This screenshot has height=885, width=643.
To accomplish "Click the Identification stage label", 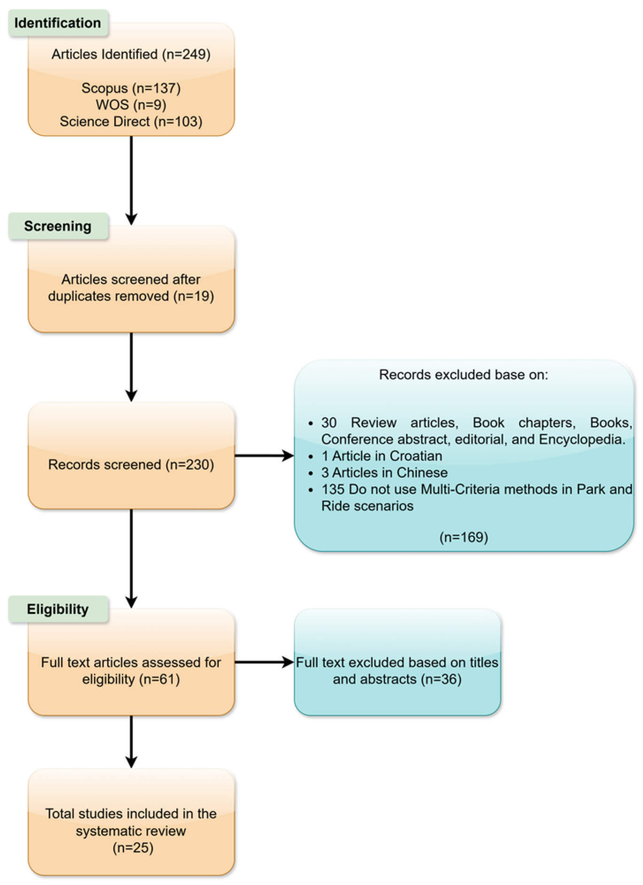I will pyautogui.click(x=58, y=23).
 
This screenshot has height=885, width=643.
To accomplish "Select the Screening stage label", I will pyautogui.click(x=58, y=226).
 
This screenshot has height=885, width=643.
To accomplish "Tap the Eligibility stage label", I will pyautogui.click(x=58, y=609).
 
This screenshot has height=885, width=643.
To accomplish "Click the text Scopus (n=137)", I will pyautogui.click(x=131, y=88).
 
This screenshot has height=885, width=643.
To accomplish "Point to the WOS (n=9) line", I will pyautogui.click(x=131, y=104).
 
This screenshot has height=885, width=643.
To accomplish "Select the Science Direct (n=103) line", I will pyautogui.click(x=131, y=121).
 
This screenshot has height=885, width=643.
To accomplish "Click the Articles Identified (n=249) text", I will pyautogui.click(x=131, y=54).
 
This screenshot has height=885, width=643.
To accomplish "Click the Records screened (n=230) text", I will pyautogui.click(x=131, y=464).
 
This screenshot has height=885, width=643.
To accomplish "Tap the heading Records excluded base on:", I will pyautogui.click(x=463, y=375).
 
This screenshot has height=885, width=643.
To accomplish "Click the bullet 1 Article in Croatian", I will pyautogui.click(x=382, y=456).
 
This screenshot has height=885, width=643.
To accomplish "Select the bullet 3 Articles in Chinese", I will pyautogui.click(x=384, y=472).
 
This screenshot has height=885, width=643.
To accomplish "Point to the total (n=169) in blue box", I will pyautogui.click(x=463, y=537).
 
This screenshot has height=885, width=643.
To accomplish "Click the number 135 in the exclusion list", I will pyautogui.click(x=333, y=489).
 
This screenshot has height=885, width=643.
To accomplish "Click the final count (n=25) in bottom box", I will pyautogui.click(x=133, y=847).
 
